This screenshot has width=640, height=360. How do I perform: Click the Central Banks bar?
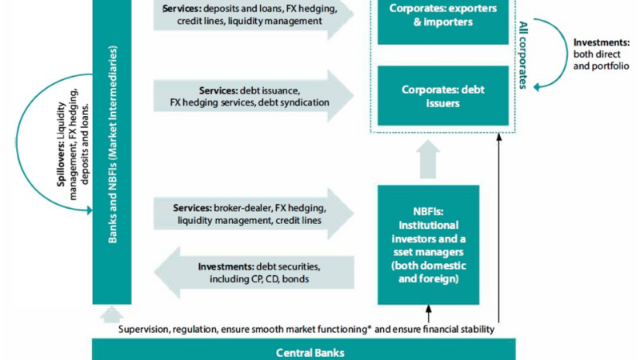pos(300,350)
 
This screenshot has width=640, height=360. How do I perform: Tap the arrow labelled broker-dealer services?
pos(252,214)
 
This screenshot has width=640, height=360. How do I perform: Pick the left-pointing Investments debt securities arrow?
pos(252,273)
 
